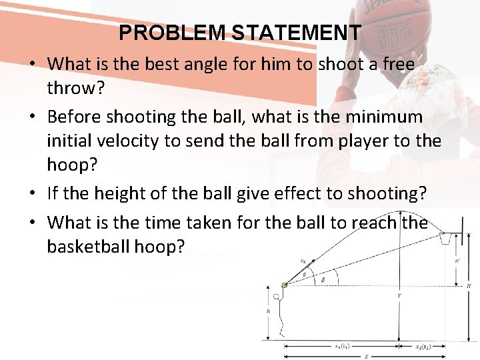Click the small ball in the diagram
285,285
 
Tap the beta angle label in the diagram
323,281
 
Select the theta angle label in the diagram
306,273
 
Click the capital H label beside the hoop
469,286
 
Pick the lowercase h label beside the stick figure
268,311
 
